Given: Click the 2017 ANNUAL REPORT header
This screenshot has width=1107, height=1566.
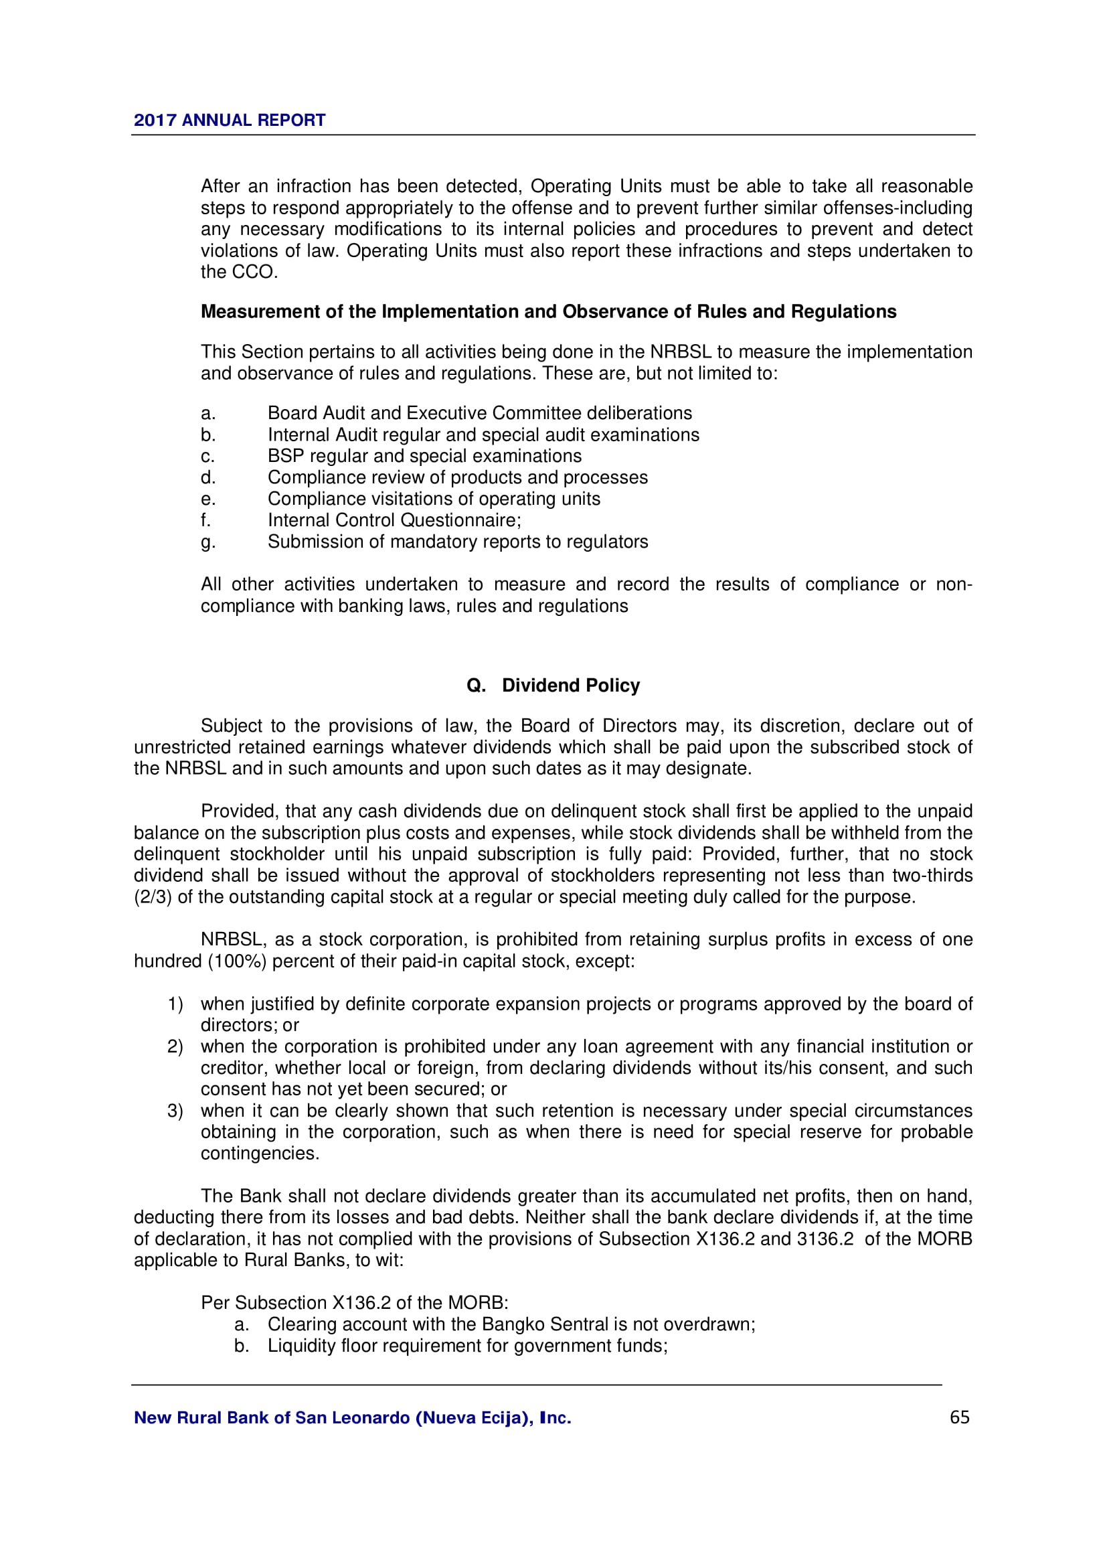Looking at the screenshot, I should [229, 120].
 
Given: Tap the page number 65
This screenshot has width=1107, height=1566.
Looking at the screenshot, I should [959, 1417].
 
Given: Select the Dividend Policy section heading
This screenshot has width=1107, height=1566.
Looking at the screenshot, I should [553, 686].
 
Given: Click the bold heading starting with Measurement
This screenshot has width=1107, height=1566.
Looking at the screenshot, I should [548, 312].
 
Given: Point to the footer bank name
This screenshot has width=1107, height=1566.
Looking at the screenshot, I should [353, 1418].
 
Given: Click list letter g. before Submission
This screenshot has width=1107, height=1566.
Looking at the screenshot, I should [208, 542].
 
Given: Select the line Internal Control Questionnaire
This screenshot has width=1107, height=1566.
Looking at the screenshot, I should [394, 520].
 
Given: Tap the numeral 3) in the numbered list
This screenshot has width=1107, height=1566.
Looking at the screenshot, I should [175, 1111].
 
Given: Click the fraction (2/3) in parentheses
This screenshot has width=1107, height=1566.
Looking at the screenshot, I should [153, 897].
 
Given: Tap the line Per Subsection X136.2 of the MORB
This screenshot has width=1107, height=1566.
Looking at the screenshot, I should [355, 1304].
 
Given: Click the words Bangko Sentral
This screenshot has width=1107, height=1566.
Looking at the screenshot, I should [545, 1324].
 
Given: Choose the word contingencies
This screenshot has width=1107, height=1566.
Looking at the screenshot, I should [260, 1154].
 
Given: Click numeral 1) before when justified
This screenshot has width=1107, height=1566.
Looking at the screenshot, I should [175, 1004].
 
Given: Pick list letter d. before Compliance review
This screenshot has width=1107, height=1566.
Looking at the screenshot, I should [208, 477].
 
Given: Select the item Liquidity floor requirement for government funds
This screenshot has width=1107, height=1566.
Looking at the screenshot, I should [467, 1346].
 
